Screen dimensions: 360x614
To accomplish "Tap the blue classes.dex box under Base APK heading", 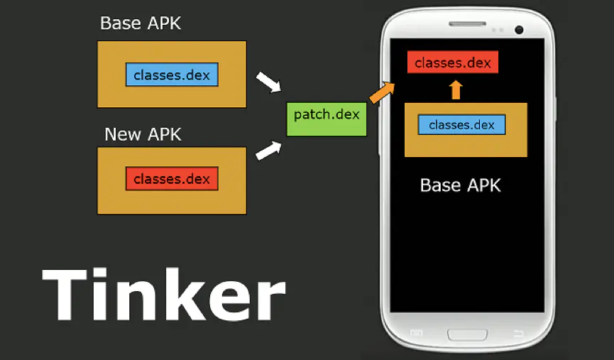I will pyautogui.click(x=172, y=75).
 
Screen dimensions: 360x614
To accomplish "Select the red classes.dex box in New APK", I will pyautogui.click(x=172, y=179).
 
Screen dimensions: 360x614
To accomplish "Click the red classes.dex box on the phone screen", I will pyautogui.click(x=453, y=62).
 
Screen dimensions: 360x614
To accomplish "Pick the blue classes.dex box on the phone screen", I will pyautogui.click(x=461, y=125).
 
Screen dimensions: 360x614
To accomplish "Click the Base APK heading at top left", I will pyautogui.click(x=141, y=23).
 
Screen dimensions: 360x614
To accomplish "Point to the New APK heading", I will pyautogui.click(x=143, y=133).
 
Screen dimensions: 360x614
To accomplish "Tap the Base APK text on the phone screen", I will pyautogui.click(x=461, y=185).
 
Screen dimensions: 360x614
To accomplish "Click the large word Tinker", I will pyautogui.click(x=163, y=294).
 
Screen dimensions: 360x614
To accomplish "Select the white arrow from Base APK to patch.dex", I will pyautogui.click(x=268, y=82).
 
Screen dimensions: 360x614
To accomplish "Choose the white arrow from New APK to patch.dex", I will pyautogui.click(x=268, y=149).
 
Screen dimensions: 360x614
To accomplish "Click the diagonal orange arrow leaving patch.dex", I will pyautogui.click(x=382, y=91).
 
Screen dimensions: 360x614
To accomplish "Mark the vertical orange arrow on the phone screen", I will pyautogui.click(x=456, y=89).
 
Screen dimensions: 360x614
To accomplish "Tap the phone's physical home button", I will pyautogui.click(x=466, y=334).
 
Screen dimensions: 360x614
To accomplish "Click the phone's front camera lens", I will pyautogui.click(x=519, y=29).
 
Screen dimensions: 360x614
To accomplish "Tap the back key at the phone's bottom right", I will pyautogui.click(x=517, y=334).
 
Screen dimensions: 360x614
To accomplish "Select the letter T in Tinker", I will pyautogui.click(x=69, y=294).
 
